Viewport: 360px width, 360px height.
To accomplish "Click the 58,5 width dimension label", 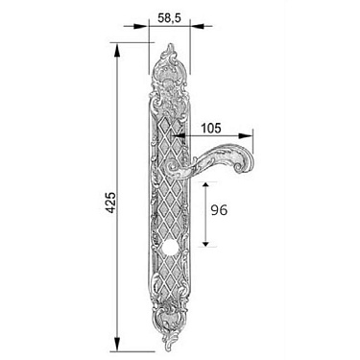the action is [x=169, y=18].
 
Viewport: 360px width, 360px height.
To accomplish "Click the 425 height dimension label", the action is [x=110, y=203].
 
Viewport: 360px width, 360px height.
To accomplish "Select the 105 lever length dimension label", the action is [x=211, y=128].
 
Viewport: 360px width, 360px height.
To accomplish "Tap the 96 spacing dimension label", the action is [x=219, y=210].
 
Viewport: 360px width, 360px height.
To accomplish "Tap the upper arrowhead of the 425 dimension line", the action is [x=117, y=50].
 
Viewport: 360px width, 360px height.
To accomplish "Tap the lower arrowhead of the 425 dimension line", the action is [x=117, y=344].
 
